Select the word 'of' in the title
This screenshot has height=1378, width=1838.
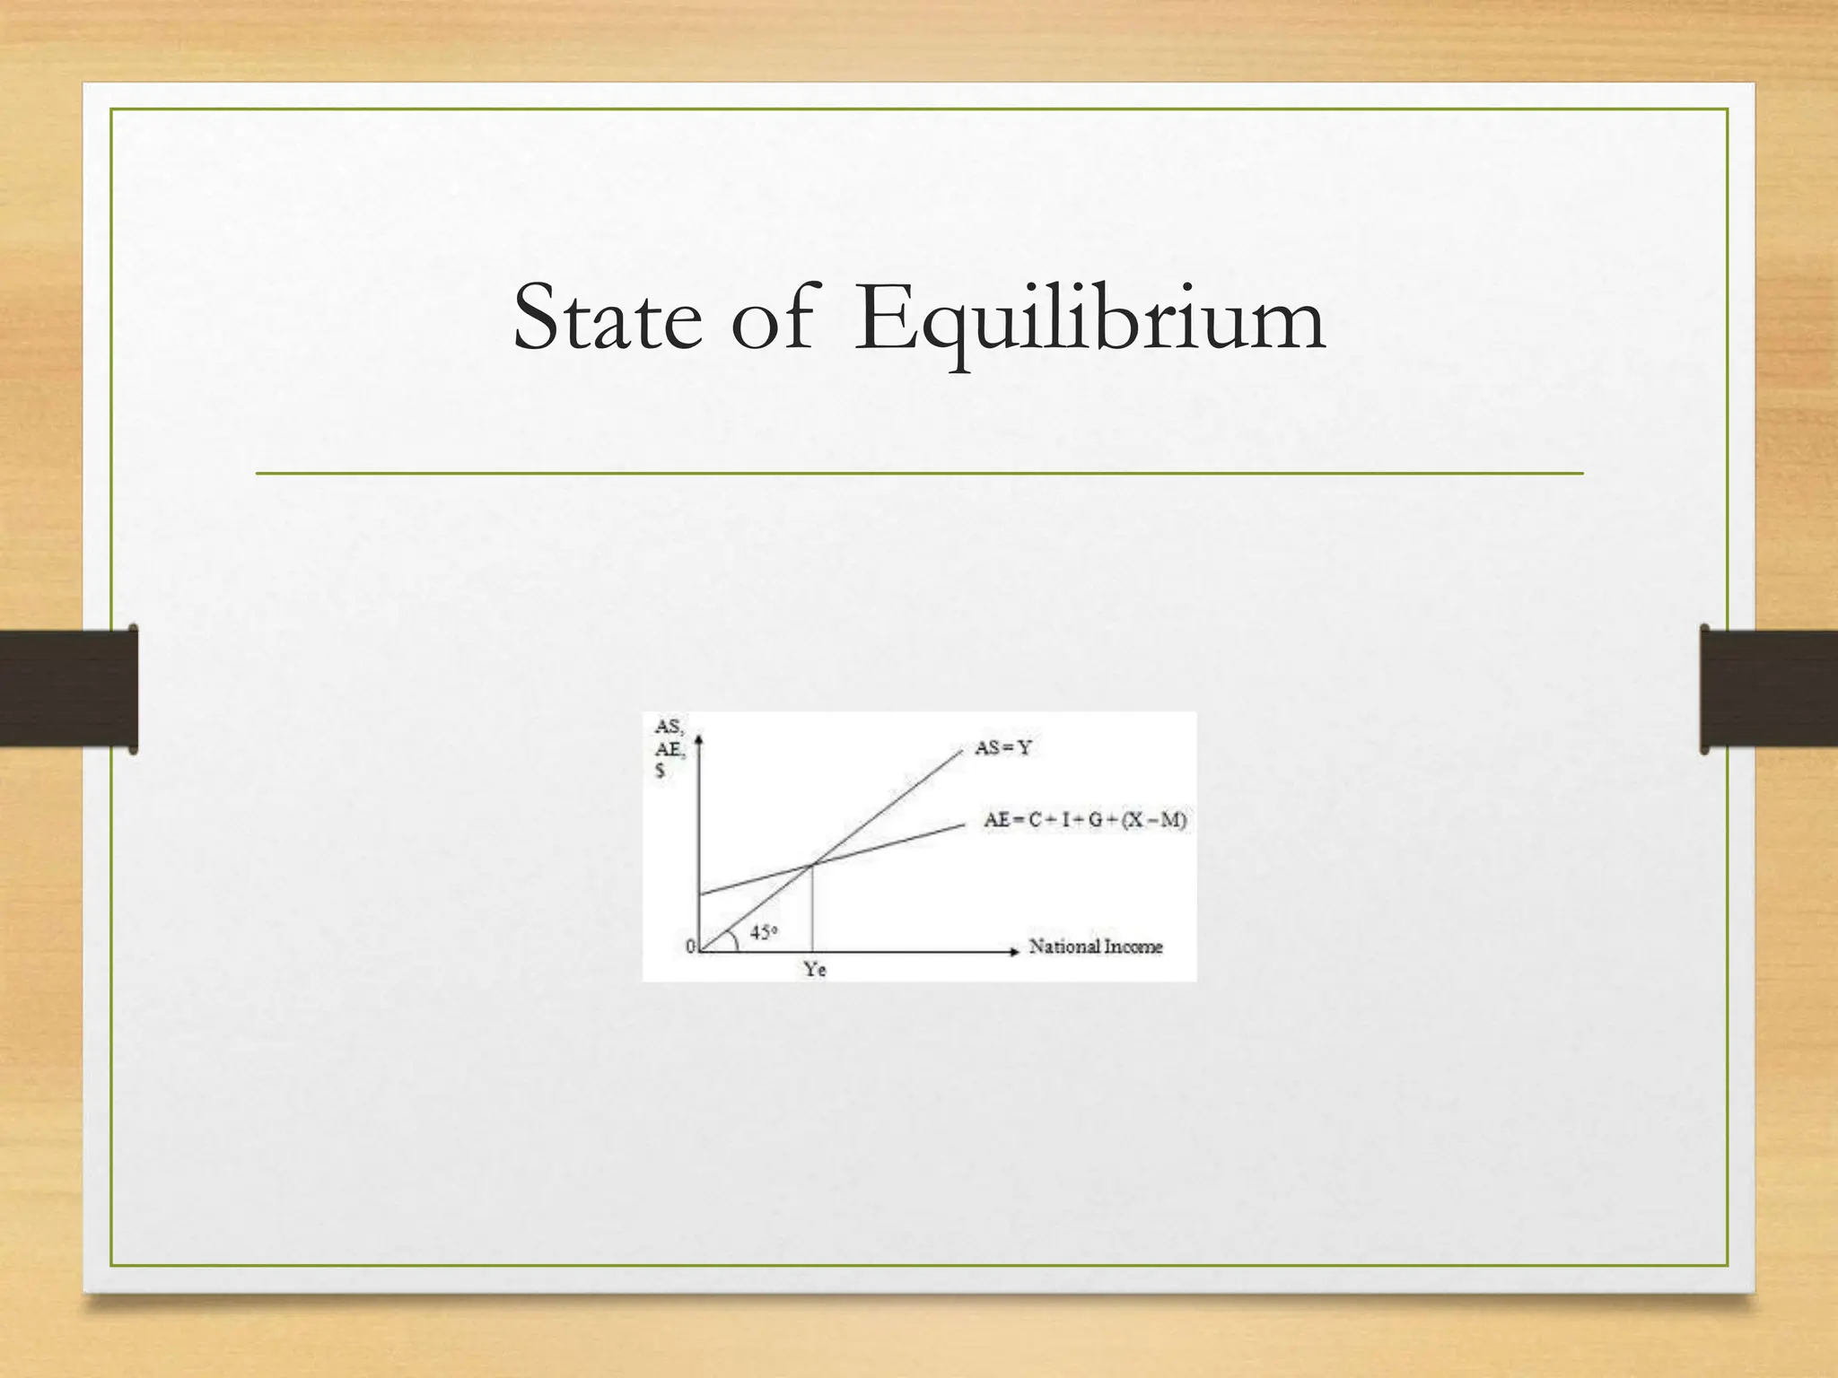click(x=772, y=318)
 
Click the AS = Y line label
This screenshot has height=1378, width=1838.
click(x=1002, y=747)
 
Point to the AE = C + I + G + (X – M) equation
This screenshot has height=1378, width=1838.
click(x=1085, y=820)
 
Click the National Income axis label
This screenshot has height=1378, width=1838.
click(x=1095, y=946)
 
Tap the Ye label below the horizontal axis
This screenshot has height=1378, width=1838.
click(x=814, y=970)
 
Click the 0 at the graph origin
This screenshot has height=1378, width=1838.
click(x=690, y=946)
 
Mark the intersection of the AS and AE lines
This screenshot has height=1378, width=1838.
click(x=812, y=864)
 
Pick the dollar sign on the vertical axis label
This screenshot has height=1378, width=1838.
click(x=661, y=771)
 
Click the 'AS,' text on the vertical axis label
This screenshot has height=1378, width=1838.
click(x=668, y=728)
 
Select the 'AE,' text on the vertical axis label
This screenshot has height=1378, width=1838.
click(x=669, y=749)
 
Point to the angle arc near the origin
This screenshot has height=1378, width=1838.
click(x=733, y=937)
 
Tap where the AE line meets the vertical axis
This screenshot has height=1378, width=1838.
click(x=700, y=894)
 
